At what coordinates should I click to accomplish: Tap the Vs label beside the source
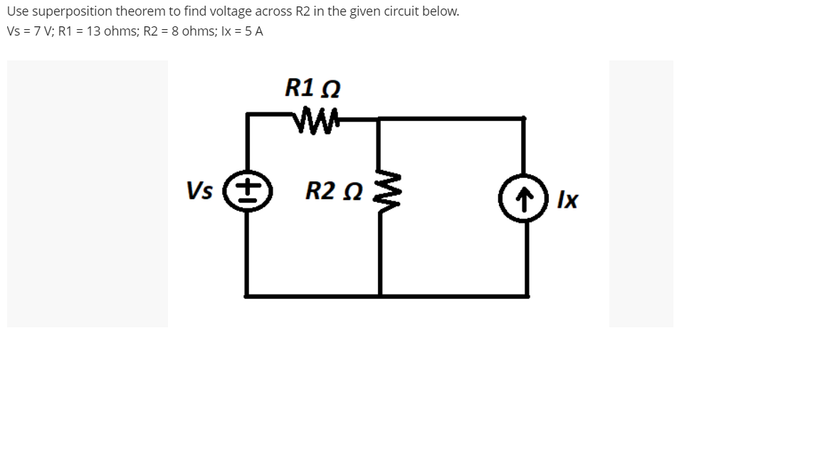pyautogui.click(x=199, y=191)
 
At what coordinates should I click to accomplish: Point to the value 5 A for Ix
pyautogui.click(x=252, y=31)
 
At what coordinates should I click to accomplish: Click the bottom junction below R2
pyautogui.click(x=379, y=295)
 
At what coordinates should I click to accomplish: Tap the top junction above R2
pyautogui.click(x=378, y=119)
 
